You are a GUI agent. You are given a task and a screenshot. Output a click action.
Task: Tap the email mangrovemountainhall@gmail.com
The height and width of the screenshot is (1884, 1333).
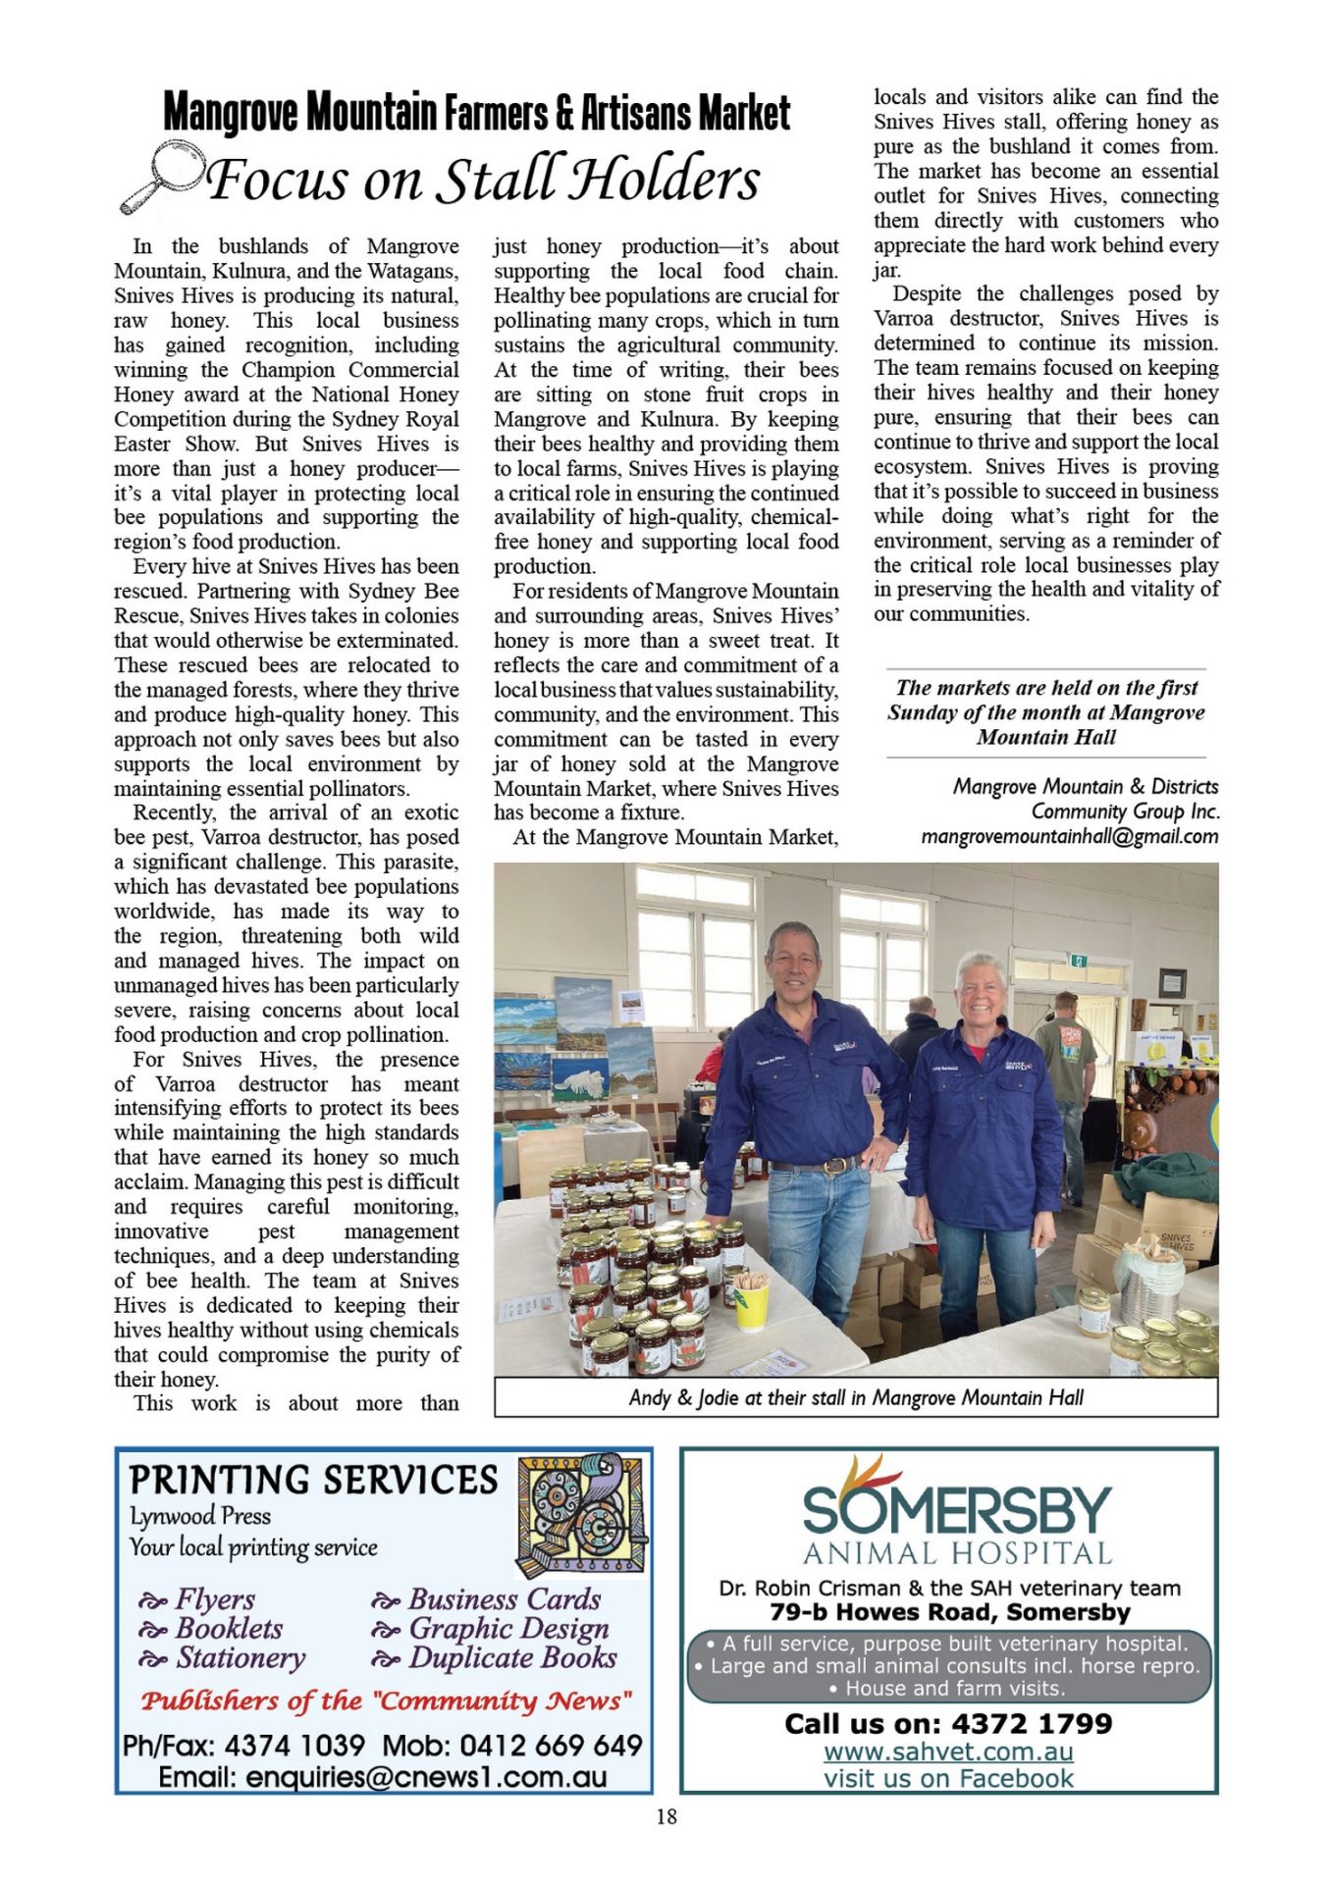(x=1069, y=837)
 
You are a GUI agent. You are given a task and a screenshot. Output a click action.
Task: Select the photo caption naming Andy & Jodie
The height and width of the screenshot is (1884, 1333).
(x=855, y=1397)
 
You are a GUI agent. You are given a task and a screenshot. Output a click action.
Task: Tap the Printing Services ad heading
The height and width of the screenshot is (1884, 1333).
(x=314, y=1480)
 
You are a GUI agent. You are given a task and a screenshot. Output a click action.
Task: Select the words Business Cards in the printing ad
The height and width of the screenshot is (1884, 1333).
(x=505, y=1599)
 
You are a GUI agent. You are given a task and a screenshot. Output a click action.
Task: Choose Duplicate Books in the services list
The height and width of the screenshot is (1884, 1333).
(x=512, y=1658)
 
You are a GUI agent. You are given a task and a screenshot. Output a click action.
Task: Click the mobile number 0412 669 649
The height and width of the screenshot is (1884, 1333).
(x=551, y=1746)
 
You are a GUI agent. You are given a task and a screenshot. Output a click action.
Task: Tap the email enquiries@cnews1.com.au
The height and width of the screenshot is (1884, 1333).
(x=383, y=1777)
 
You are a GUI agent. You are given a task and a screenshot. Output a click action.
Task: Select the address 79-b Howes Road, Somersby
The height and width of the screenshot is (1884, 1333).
(x=949, y=1612)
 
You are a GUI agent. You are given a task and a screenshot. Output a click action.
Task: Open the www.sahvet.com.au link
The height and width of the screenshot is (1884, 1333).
(x=948, y=1752)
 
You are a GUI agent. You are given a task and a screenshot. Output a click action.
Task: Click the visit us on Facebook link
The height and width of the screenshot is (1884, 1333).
(x=948, y=1778)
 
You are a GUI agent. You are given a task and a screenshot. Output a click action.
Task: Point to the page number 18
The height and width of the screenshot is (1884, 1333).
(x=666, y=1816)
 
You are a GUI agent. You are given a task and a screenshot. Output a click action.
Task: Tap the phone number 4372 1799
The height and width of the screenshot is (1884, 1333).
(x=1032, y=1724)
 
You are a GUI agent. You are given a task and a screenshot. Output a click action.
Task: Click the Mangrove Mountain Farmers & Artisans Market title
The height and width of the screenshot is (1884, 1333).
(x=476, y=113)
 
